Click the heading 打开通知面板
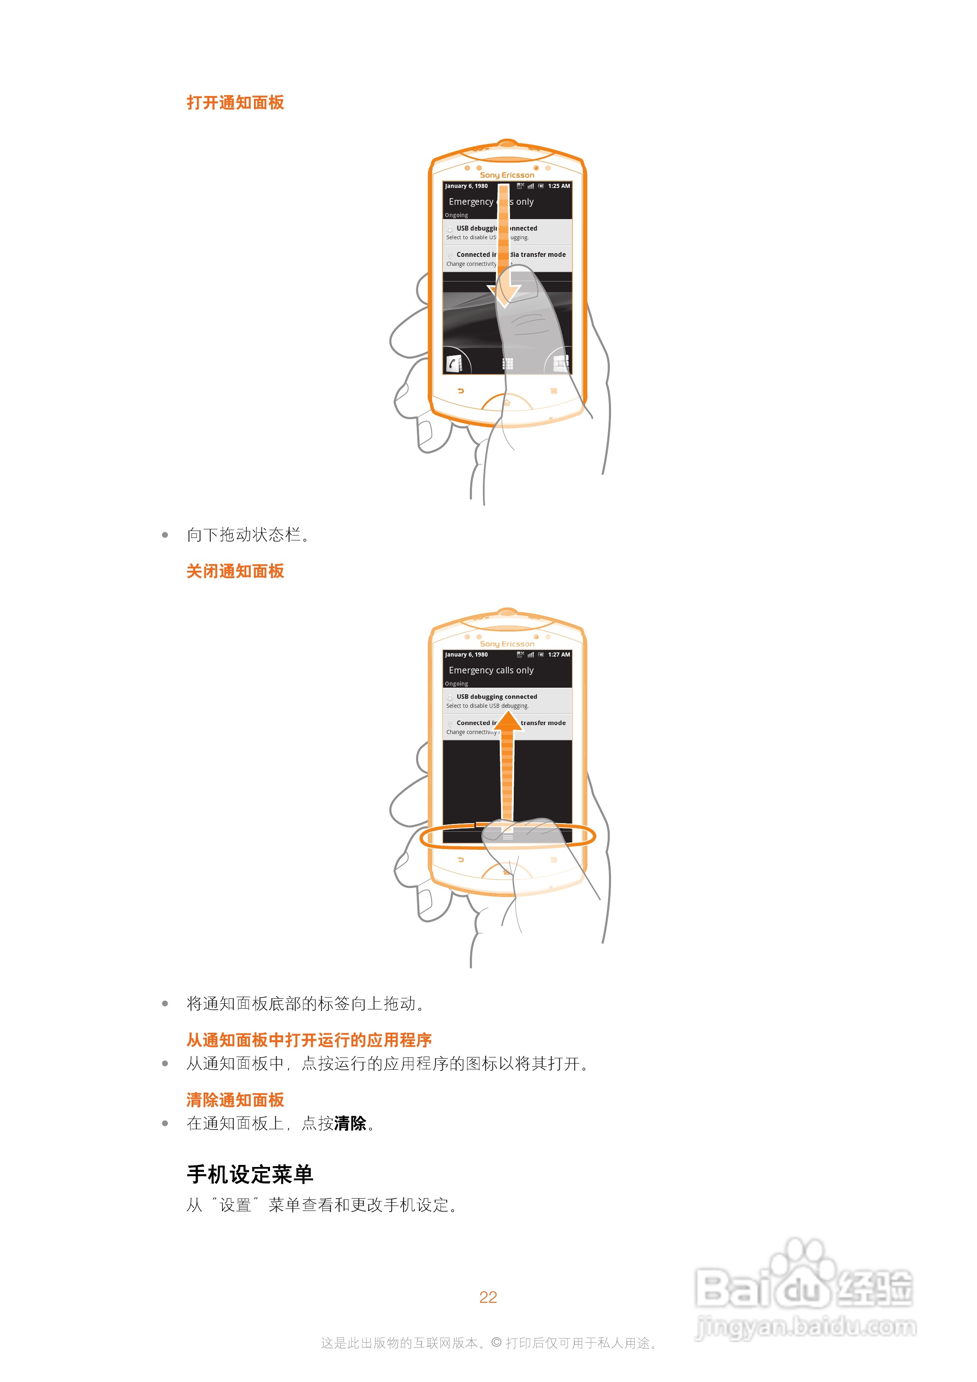235,102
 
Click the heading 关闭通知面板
235,571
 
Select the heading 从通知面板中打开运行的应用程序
309,1039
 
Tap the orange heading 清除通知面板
235,1099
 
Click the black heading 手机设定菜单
250,1174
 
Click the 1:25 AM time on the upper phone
558,186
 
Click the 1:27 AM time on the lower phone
558,654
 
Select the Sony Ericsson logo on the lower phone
507,643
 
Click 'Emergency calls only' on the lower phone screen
491,670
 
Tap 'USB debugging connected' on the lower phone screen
497,696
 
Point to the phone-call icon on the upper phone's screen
454,363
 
